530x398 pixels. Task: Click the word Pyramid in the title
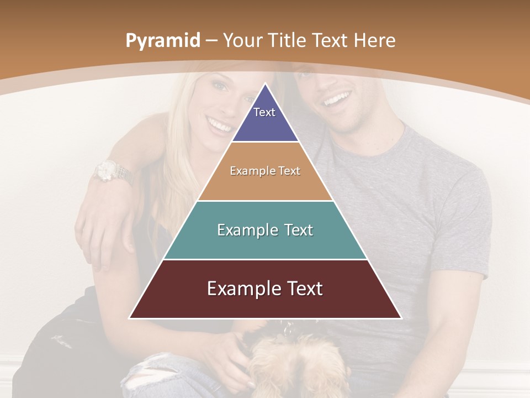[162, 41]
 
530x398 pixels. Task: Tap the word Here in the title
[374, 41]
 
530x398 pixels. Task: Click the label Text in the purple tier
[264, 112]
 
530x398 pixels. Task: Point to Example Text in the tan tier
[265, 171]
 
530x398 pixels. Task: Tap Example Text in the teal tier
[265, 230]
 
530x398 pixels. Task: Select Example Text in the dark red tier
[265, 289]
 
